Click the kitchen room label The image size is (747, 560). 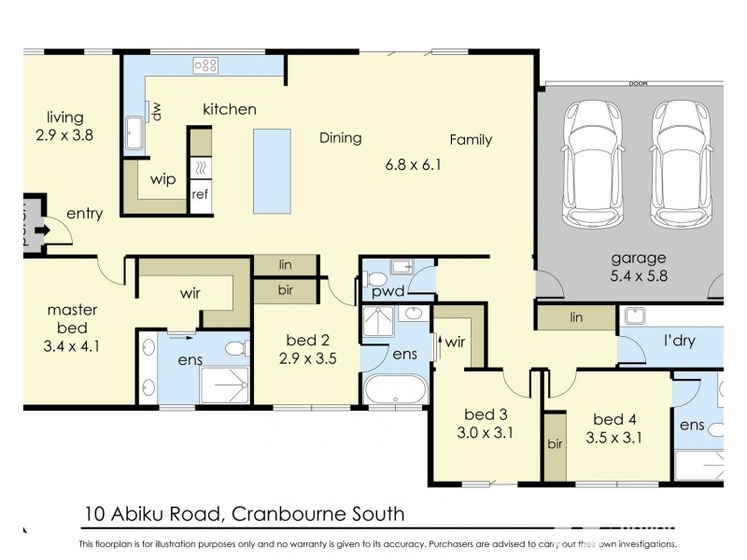230,109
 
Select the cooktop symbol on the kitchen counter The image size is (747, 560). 204,64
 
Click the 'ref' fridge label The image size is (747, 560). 199,194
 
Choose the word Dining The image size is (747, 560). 340,138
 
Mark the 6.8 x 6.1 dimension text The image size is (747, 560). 413,165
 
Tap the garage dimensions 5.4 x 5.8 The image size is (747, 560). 639,276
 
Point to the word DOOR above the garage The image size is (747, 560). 639,83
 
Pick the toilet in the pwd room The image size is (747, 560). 377,280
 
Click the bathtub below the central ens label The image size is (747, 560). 395,389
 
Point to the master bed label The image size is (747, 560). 67,318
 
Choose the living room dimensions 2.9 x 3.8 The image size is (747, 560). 65,134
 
